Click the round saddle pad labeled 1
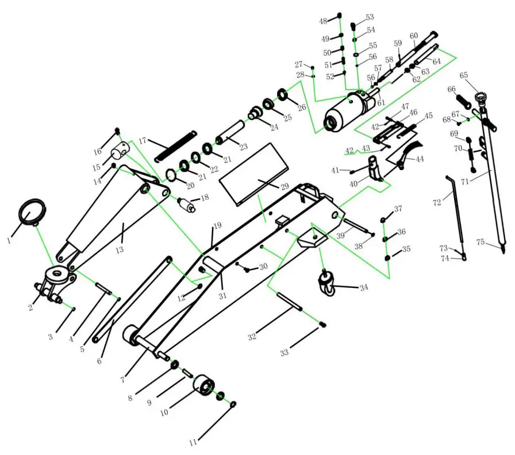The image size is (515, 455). (x=33, y=213)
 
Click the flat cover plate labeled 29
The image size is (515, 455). (x=256, y=172)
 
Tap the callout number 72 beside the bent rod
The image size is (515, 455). (x=437, y=202)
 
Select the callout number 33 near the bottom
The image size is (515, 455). (x=284, y=353)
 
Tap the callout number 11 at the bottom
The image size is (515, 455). (x=193, y=442)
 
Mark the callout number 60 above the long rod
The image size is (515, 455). (x=413, y=36)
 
